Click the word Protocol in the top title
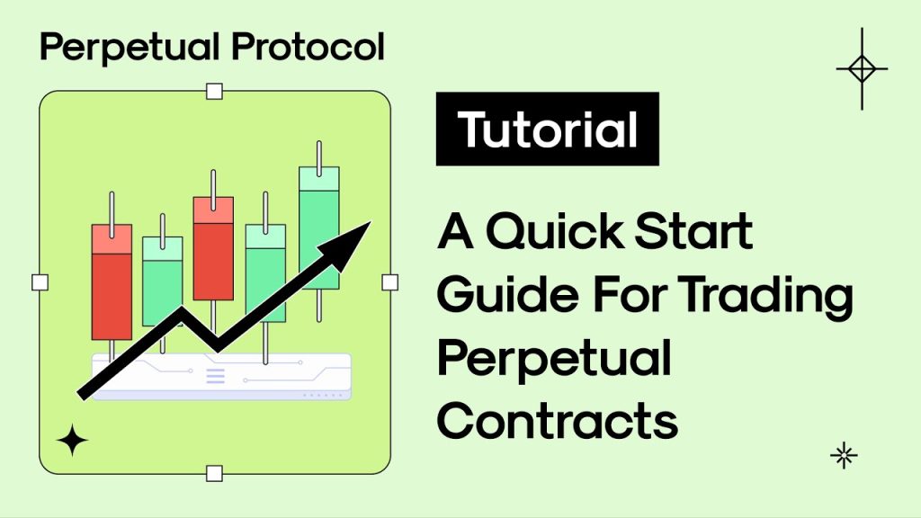click(308, 47)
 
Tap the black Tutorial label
click(548, 129)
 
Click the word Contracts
click(558, 421)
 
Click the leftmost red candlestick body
click(112, 281)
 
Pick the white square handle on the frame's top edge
click(214, 91)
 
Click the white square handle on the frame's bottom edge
click(214, 473)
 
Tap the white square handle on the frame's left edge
click(40, 282)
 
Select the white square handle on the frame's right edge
click(389, 282)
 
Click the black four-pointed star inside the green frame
click(72, 441)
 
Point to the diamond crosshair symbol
click(862, 69)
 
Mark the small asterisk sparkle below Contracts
click(844, 456)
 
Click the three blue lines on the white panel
click(216, 376)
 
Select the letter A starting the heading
click(457, 233)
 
